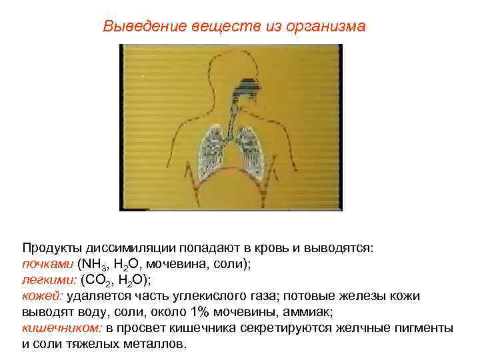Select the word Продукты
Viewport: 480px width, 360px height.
tap(50, 247)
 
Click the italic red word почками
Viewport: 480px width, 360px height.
tap(49, 263)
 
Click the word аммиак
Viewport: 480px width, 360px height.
tap(315, 311)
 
